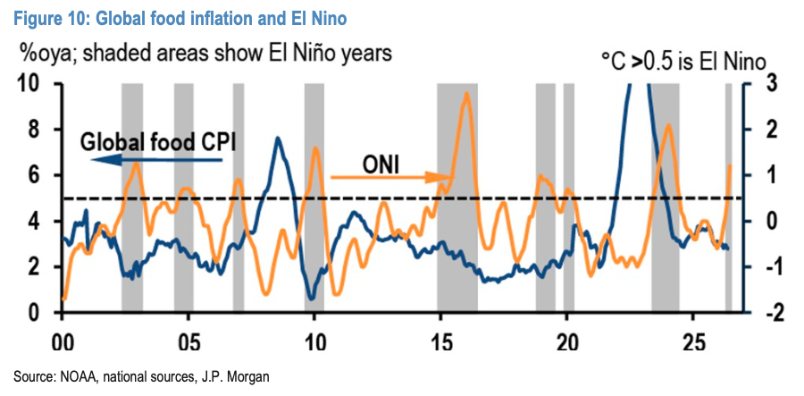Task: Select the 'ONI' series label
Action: [x=381, y=164]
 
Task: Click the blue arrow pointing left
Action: [x=157, y=161]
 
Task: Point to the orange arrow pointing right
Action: [x=392, y=178]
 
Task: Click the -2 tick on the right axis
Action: [x=760, y=313]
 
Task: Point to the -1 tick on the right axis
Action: [x=760, y=267]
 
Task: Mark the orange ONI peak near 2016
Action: [x=466, y=93]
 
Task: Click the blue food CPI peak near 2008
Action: [x=278, y=138]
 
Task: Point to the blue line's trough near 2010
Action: [x=311, y=298]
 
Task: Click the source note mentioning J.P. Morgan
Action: [x=141, y=377]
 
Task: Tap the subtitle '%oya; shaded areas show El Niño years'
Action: [x=205, y=52]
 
